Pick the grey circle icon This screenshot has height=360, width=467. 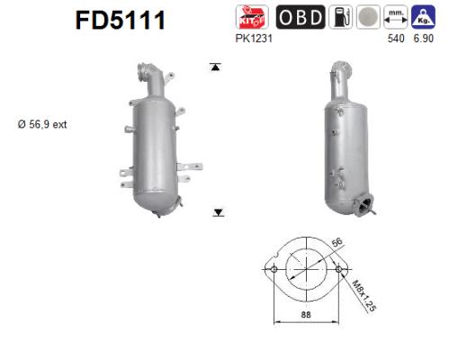(368, 17)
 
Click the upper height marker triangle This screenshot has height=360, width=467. (216, 67)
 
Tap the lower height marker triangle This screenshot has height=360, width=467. (217, 211)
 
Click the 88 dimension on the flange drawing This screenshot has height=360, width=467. (305, 316)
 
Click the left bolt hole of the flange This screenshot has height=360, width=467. (272, 269)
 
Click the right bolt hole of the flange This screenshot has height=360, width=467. (338, 269)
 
